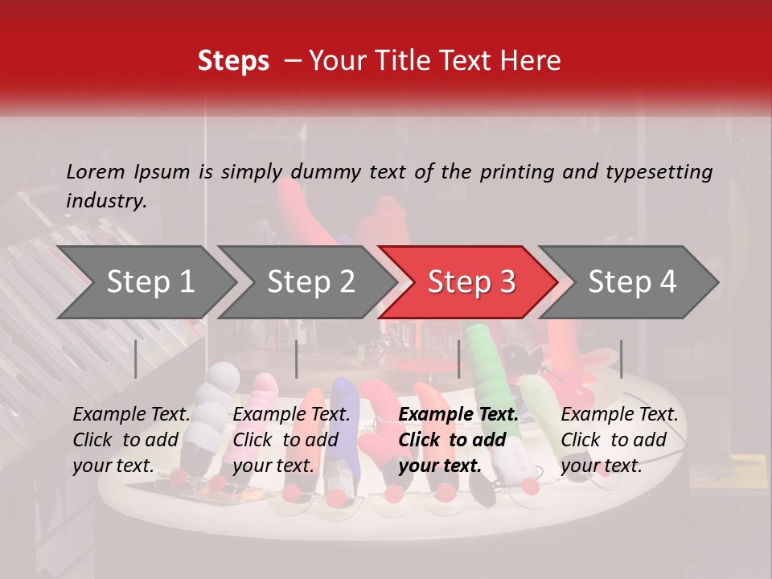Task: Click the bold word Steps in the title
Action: coord(233,61)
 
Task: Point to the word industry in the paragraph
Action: coord(105,201)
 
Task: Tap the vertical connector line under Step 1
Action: coord(136,359)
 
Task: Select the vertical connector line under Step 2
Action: coord(297,359)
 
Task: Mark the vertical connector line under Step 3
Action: coord(458,359)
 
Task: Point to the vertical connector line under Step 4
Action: coord(621,359)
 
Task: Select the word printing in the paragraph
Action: coord(511,171)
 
